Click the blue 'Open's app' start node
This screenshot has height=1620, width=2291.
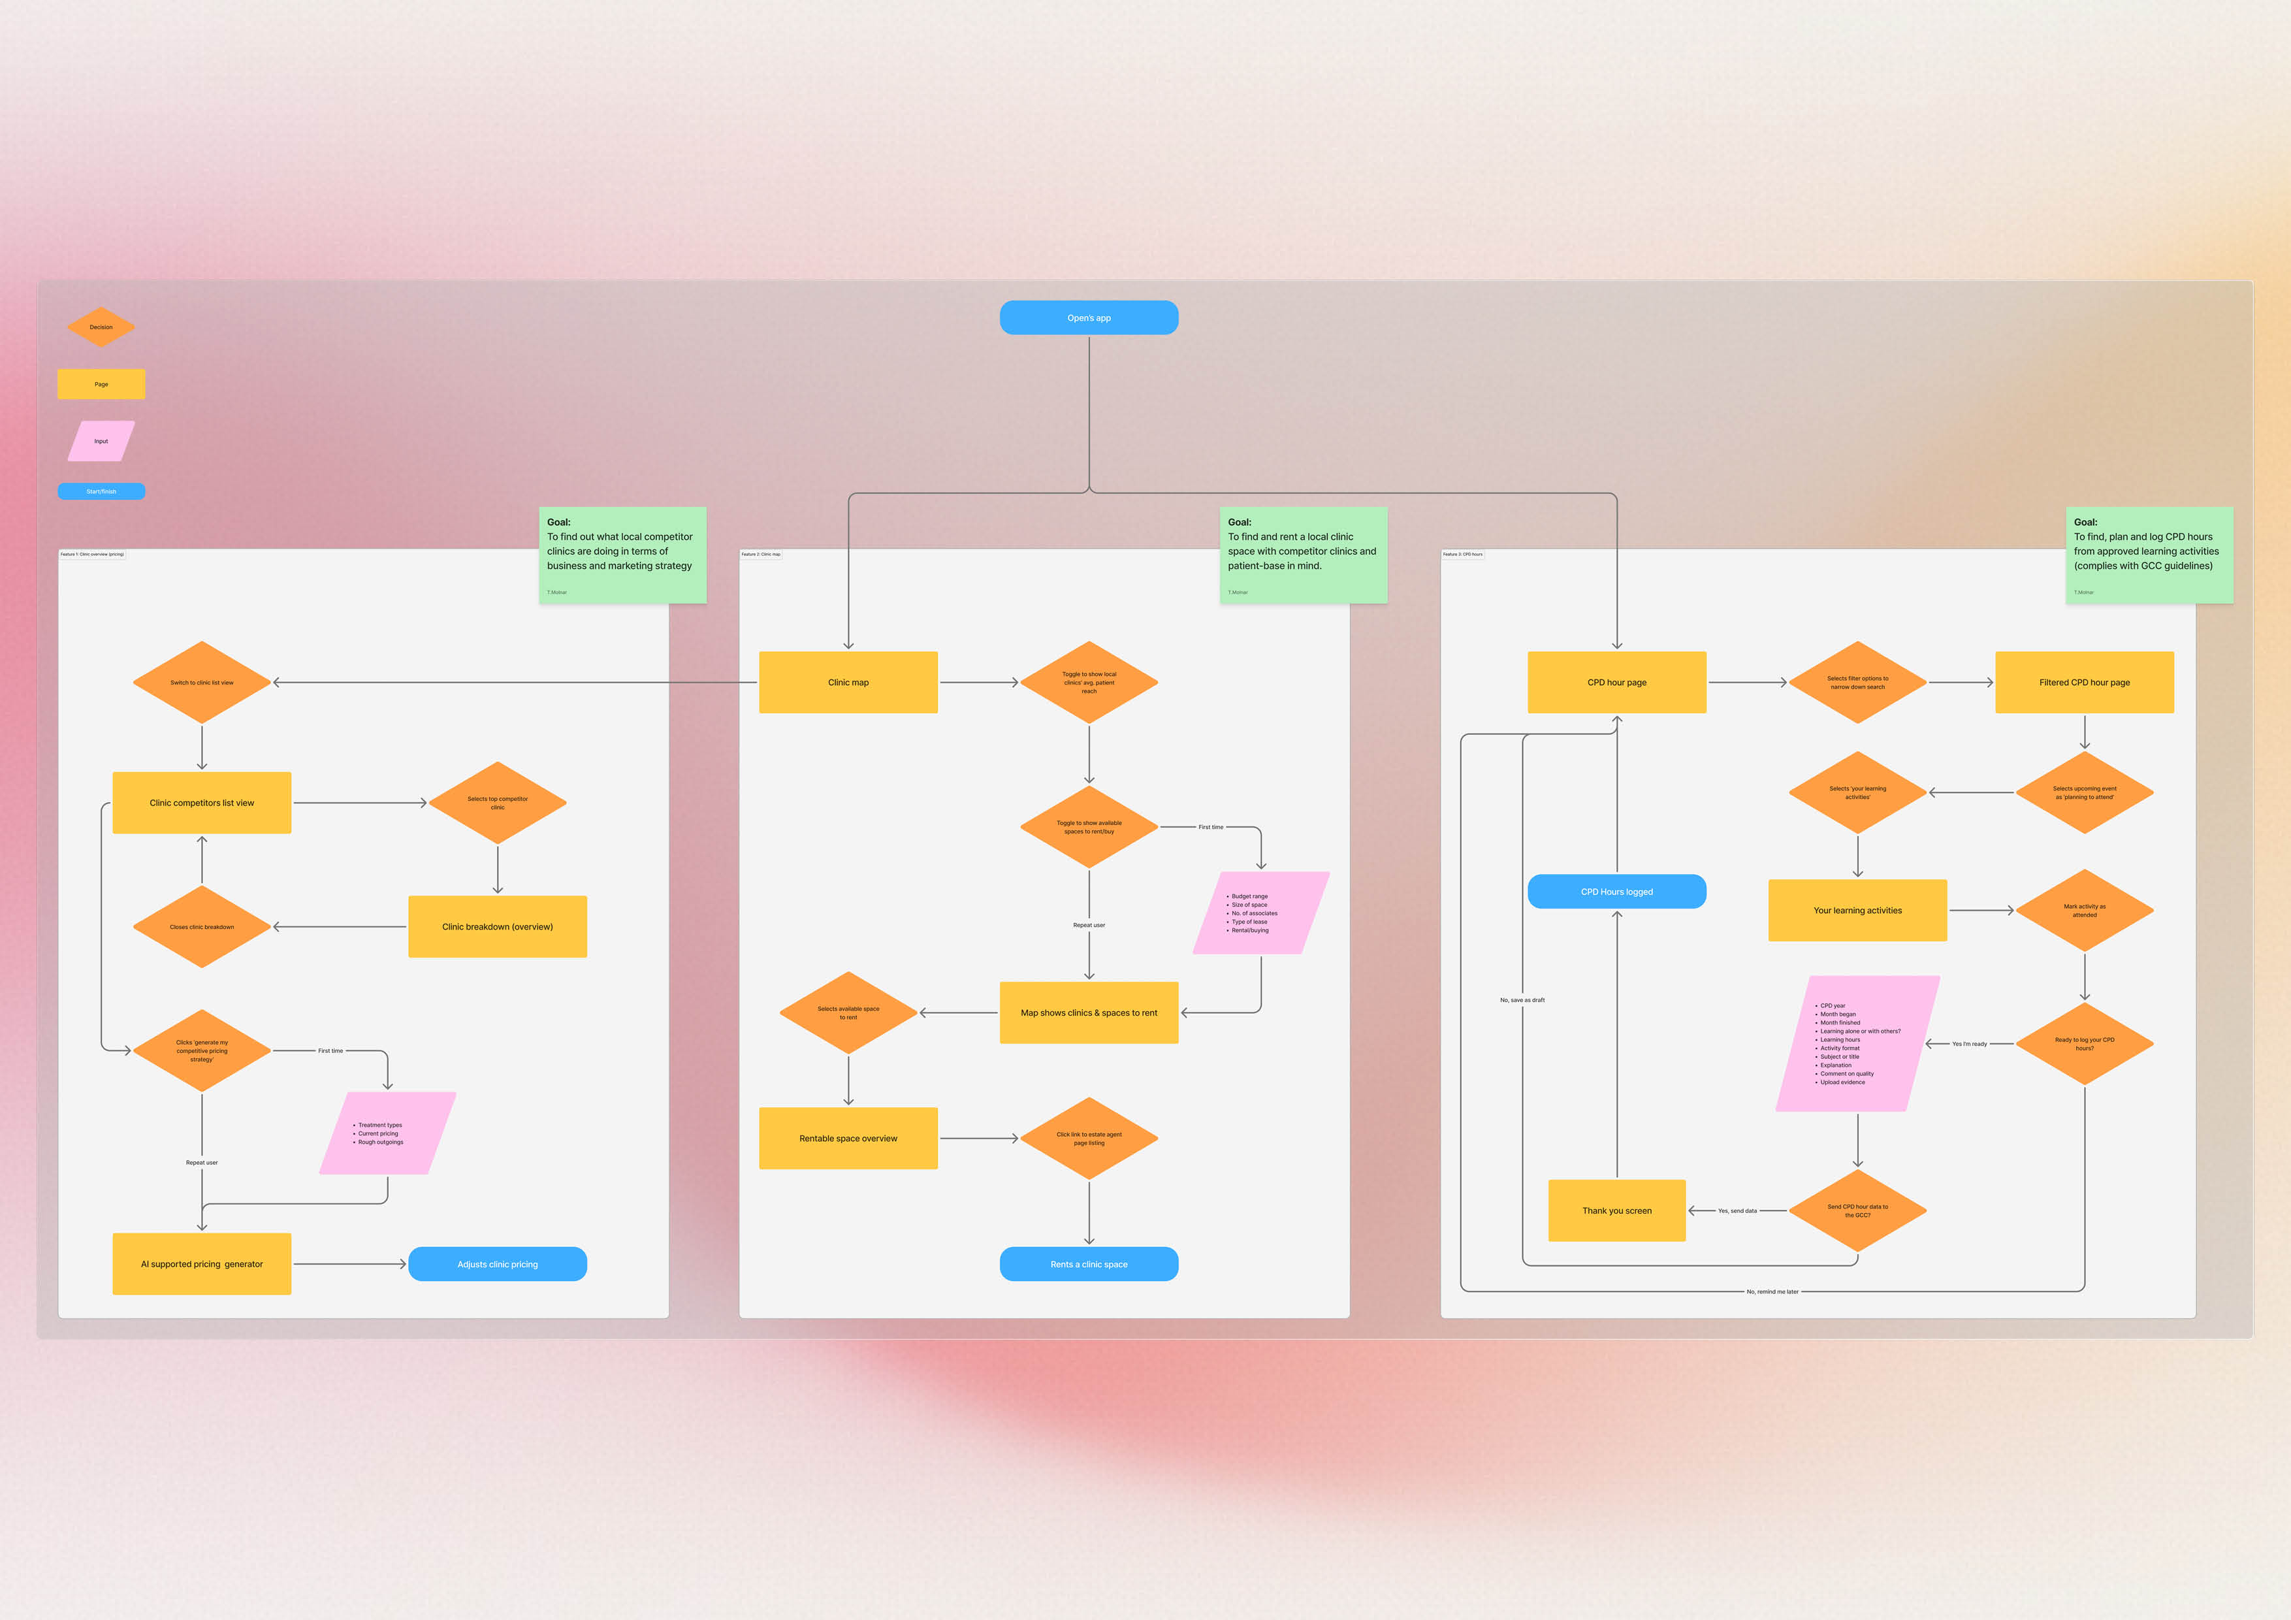[1089, 317]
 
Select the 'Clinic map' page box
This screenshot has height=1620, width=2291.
[848, 683]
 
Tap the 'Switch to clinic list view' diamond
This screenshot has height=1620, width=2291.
[202, 683]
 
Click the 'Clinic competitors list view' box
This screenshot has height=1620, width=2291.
[202, 803]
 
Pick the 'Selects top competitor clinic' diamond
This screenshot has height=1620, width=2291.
[497, 803]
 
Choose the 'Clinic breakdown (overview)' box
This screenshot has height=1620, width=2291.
[497, 926]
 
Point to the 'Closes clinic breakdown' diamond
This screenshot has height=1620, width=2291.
[202, 926]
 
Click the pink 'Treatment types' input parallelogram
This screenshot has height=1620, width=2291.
[387, 1133]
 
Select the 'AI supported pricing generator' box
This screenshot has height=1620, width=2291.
[202, 1263]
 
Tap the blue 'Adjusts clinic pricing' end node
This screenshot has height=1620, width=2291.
[497, 1263]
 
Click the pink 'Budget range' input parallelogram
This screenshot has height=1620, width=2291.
[1260, 913]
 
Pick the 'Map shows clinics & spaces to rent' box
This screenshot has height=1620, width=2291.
[1089, 1012]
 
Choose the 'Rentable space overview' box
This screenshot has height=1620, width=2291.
[848, 1138]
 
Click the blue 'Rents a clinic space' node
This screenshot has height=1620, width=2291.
[1089, 1263]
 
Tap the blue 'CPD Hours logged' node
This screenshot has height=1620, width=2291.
[1616, 892]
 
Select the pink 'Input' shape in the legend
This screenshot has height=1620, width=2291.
[101, 441]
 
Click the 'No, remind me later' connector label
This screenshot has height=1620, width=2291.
[1772, 1291]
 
